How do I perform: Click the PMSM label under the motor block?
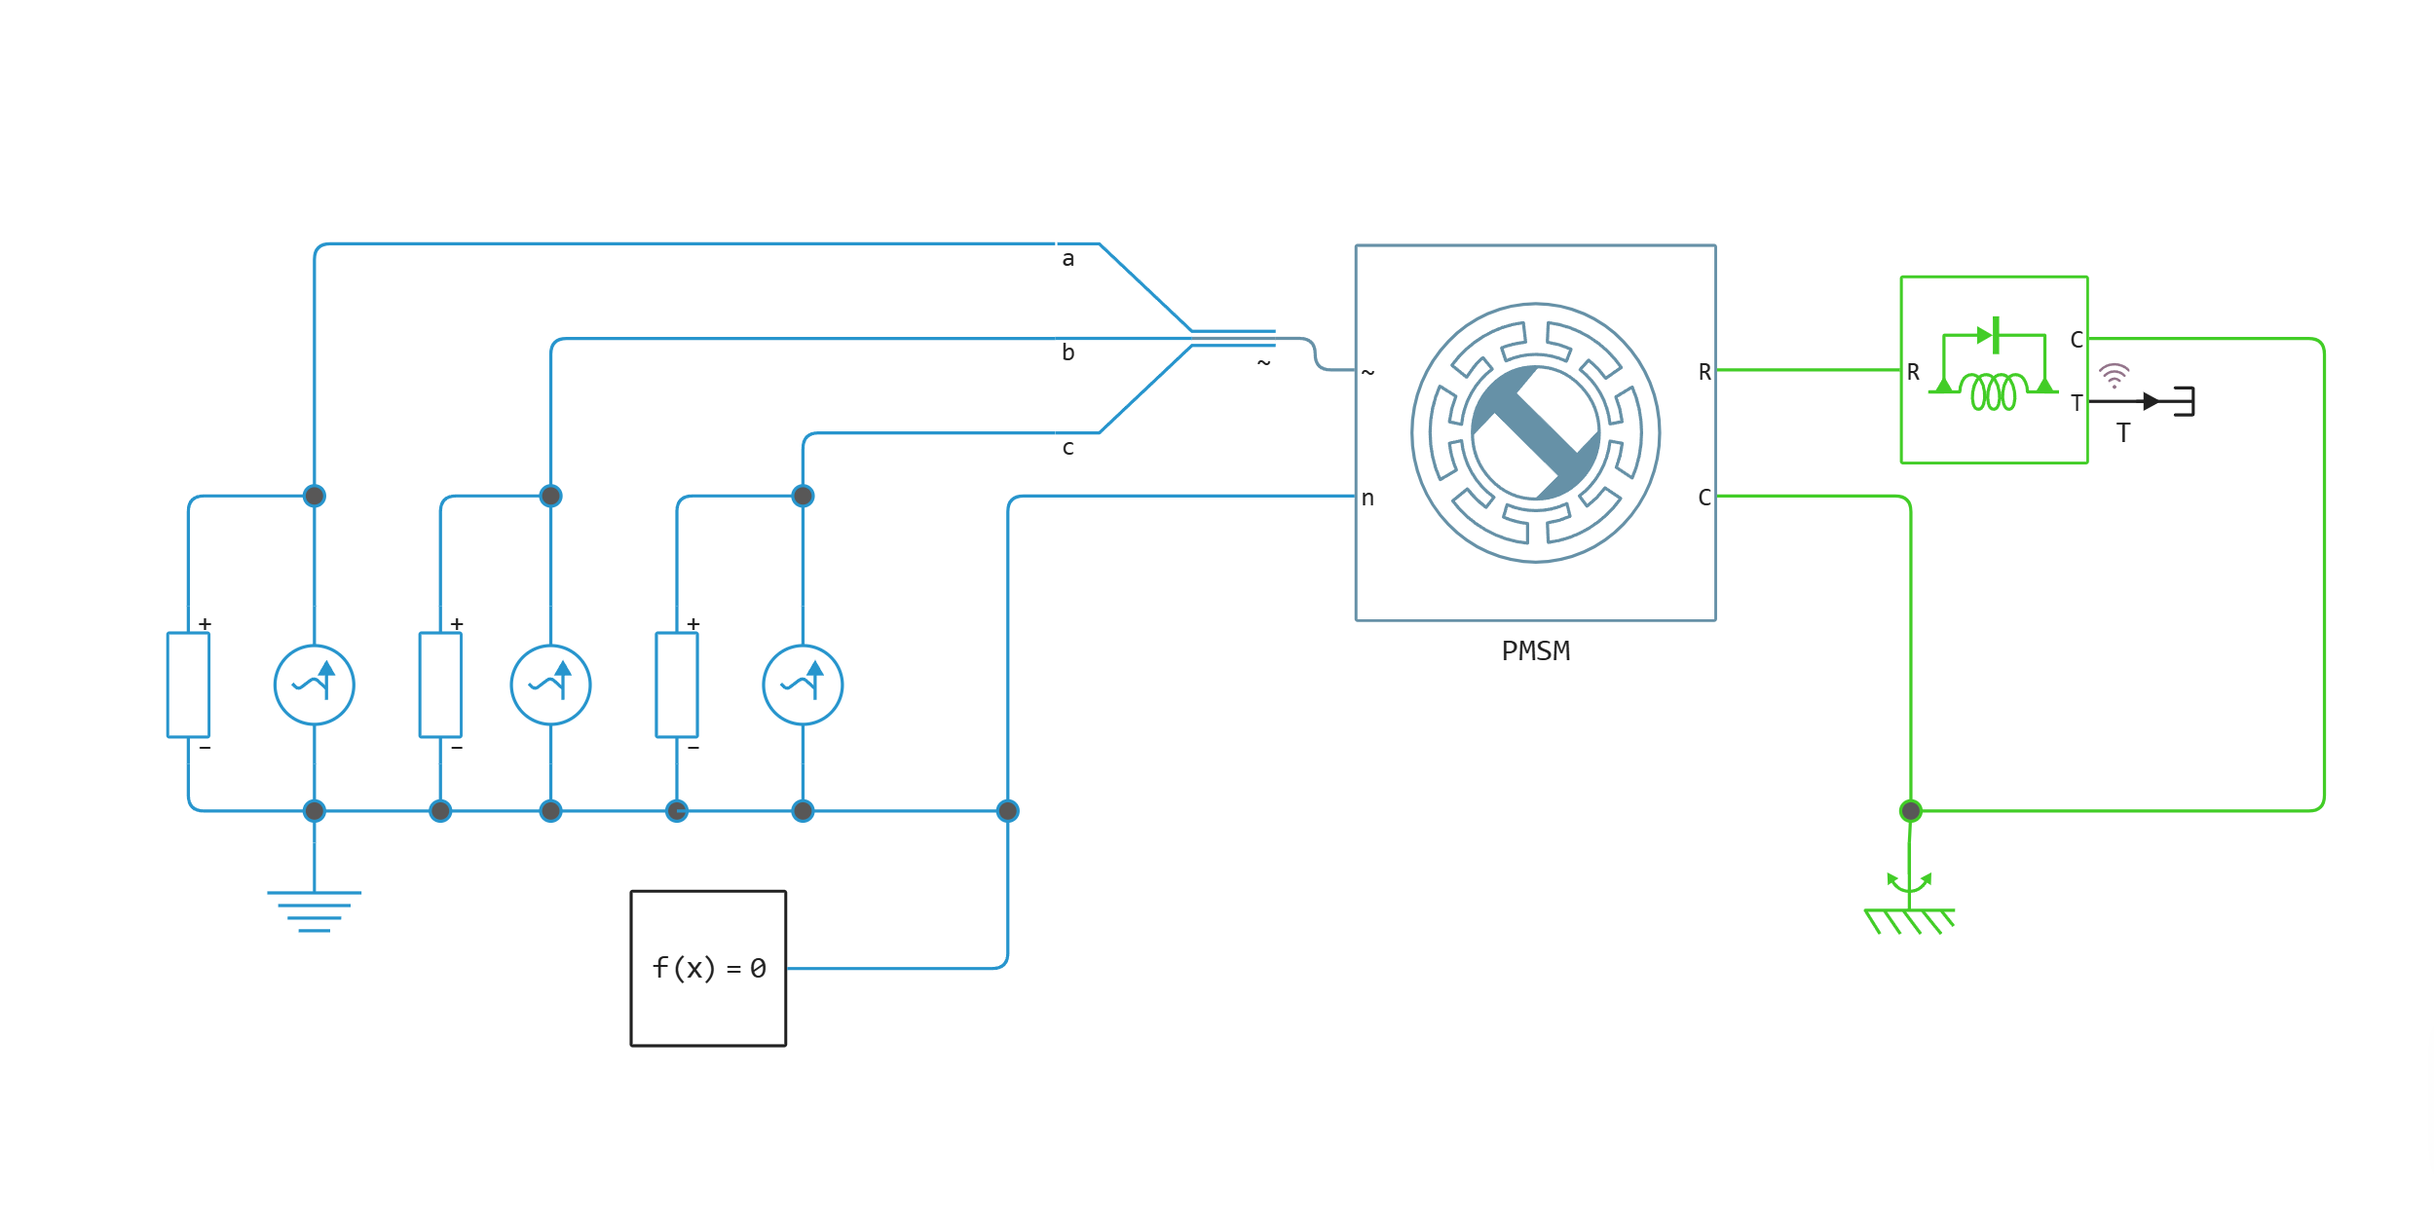(1535, 651)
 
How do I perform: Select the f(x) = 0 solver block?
(708, 968)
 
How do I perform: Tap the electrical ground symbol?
(314, 911)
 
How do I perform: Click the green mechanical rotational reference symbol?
(1909, 906)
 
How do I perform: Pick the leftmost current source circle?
(314, 685)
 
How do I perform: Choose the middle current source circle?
(550, 685)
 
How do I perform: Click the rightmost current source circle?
(803, 685)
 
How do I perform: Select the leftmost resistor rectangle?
(188, 685)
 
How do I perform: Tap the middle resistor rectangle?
(440, 685)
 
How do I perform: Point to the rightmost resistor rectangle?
(677, 685)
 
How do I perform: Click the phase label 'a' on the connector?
(1068, 259)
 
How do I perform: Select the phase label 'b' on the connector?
(1068, 352)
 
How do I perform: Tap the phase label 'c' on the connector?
(1068, 448)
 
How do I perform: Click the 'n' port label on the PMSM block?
(1367, 499)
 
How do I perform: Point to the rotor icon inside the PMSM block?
(1535, 432)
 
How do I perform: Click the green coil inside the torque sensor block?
(1993, 391)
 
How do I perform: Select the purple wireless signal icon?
(2114, 375)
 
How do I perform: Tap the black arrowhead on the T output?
(2152, 401)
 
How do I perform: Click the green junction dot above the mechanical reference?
(1910, 810)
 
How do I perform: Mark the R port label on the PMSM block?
(1704, 372)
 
